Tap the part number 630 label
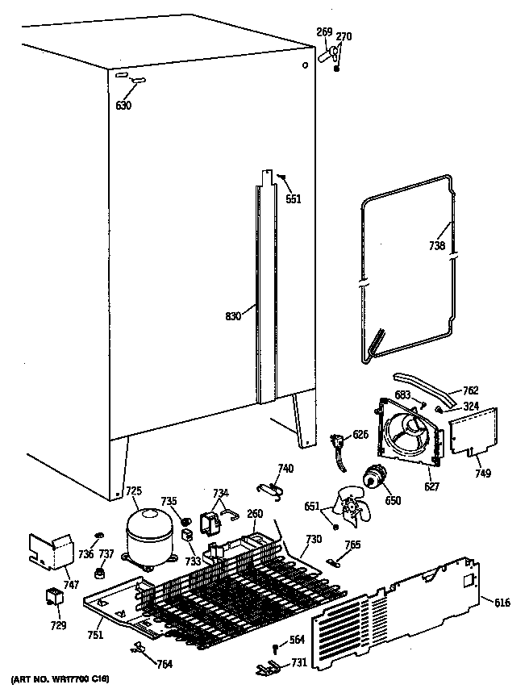(x=123, y=105)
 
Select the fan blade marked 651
(x=353, y=507)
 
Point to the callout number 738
(x=436, y=246)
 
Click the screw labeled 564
(x=277, y=648)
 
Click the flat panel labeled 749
(x=473, y=433)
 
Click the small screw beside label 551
(x=282, y=176)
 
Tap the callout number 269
(x=324, y=32)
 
